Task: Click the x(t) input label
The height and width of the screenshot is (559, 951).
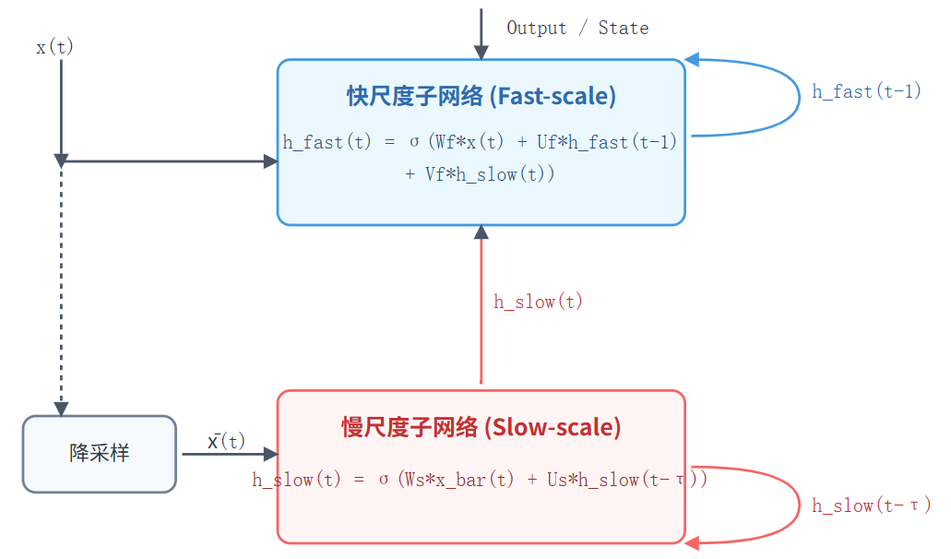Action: click(54, 47)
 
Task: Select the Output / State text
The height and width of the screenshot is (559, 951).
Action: click(577, 28)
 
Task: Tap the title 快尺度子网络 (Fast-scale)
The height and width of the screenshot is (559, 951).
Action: click(481, 96)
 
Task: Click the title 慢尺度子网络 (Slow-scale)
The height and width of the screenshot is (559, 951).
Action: click(481, 427)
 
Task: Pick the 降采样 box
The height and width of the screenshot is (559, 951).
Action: click(99, 454)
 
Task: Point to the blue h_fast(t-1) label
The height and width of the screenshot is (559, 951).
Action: click(866, 91)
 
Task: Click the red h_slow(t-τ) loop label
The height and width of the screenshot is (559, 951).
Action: click(871, 505)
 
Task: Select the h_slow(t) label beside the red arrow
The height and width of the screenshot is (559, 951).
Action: click(538, 302)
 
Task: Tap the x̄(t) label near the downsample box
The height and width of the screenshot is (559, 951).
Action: click(226, 442)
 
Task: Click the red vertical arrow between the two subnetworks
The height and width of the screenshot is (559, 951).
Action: click(481, 304)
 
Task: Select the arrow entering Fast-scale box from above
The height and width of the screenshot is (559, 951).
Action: click(481, 35)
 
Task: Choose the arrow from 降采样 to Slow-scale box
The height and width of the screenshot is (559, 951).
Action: click(229, 454)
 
